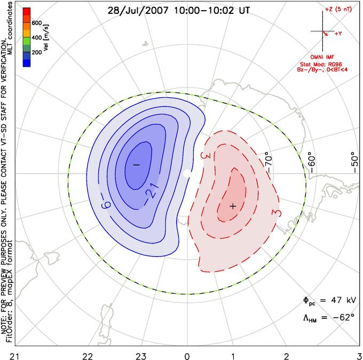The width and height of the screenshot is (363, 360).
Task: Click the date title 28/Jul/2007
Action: pyautogui.click(x=138, y=10)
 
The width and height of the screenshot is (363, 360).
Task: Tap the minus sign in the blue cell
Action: pyautogui.click(x=136, y=165)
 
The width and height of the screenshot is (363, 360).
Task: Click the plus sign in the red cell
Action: pyautogui.click(x=233, y=206)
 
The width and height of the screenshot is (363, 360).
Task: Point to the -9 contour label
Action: pyautogui.click(x=106, y=206)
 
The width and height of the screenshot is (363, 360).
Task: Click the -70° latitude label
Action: pyautogui.click(x=269, y=162)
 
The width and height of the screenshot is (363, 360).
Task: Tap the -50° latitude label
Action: pyautogui.click(x=354, y=162)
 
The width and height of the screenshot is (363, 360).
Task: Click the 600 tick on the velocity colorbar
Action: pyautogui.click(x=37, y=23)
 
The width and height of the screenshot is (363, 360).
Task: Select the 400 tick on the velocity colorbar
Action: pyautogui.click(x=37, y=37)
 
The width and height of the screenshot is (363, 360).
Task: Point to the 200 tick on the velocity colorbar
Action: pyautogui.click(x=37, y=52)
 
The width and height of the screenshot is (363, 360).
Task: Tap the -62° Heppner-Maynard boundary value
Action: pyautogui.click(x=344, y=317)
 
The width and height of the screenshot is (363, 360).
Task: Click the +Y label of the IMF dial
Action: pyautogui.click(x=338, y=34)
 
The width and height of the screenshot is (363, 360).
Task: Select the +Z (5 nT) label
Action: pyautogui.click(x=338, y=9)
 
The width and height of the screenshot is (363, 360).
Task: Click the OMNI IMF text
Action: pyautogui.click(x=322, y=57)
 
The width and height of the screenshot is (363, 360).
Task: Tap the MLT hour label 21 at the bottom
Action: pyautogui.click(x=15, y=356)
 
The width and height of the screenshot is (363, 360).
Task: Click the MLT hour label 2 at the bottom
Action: pyautogui.click(x=286, y=356)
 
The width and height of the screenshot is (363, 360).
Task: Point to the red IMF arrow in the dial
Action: pyautogui.click(x=325, y=33)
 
